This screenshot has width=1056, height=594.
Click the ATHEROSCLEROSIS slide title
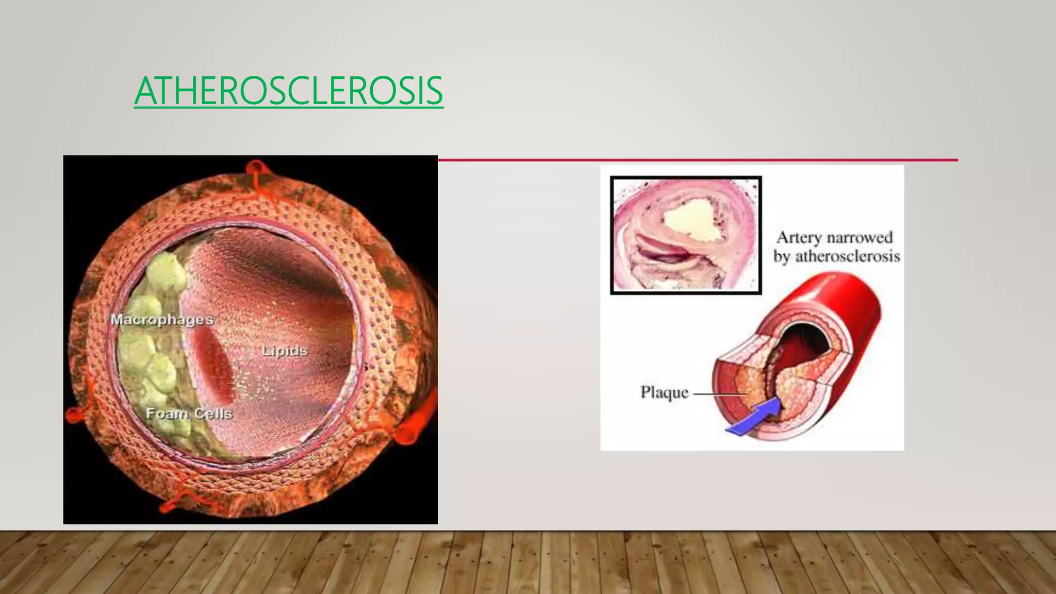pos(288,91)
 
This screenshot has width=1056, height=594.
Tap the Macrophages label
pos(162,320)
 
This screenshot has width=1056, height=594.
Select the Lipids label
pos(285,351)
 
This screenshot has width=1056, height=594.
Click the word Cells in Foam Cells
pos(213,414)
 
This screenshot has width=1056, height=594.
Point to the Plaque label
pos(664,392)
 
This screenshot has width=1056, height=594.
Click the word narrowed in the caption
pos(860,238)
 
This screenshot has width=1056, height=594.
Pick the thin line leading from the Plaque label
pos(719,393)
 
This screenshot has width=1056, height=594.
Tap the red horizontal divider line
pos(696,160)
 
